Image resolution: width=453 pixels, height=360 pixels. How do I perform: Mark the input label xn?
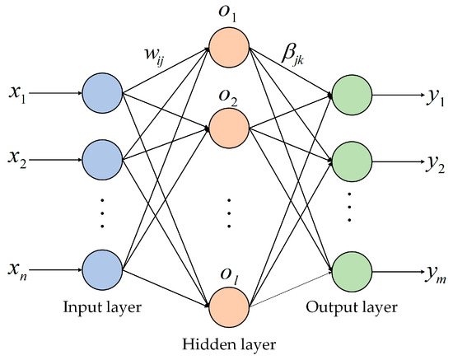tap(17, 270)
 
